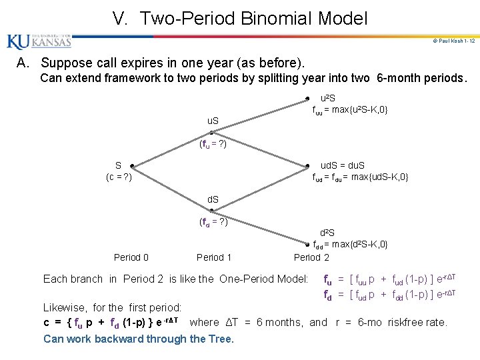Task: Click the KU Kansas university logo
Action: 39,42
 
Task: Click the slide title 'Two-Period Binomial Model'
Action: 240,18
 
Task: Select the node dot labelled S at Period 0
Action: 132,165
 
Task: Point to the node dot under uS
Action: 212,132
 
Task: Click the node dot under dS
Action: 212,210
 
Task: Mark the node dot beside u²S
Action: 307,98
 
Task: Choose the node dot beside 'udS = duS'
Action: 307,165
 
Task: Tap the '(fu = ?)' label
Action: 213,143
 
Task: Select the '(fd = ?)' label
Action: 213,223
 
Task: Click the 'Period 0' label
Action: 131,257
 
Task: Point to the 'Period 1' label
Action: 214,257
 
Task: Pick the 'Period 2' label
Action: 311,257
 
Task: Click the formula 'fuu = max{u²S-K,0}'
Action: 351,109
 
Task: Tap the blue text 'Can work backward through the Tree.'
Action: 139,339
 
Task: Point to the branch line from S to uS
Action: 172,149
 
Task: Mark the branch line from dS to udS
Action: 259,188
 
